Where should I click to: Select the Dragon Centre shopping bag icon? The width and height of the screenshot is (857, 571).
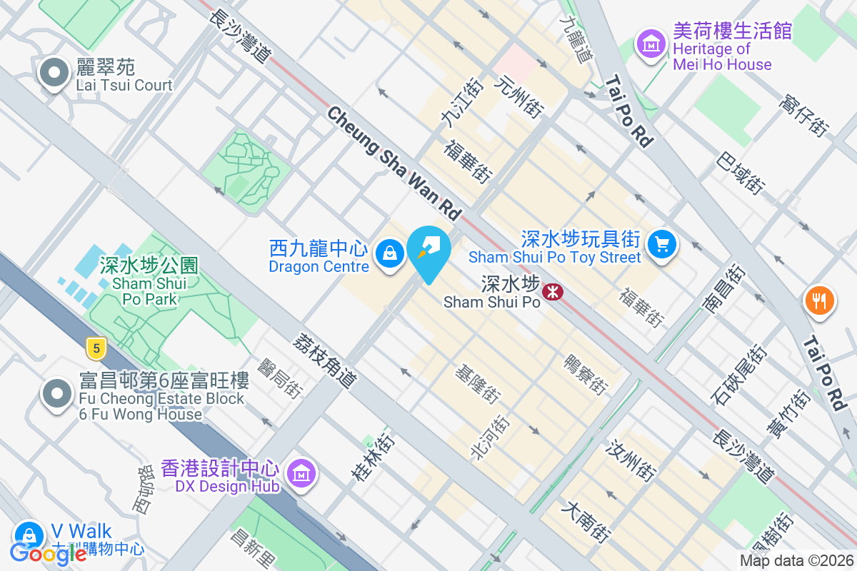[x=390, y=253]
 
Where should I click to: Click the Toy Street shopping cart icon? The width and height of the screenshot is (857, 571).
[x=662, y=245]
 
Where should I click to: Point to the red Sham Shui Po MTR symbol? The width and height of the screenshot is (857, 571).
[x=551, y=291]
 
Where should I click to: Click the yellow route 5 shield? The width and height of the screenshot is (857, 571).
[x=96, y=348]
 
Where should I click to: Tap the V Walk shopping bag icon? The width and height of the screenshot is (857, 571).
[x=29, y=534]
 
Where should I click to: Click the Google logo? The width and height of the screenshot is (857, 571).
[x=48, y=553]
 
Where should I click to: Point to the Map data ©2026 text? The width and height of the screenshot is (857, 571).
[x=796, y=561]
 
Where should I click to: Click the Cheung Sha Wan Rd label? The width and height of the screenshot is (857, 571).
[x=395, y=163]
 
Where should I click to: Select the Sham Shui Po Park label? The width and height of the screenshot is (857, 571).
[x=149, y=281]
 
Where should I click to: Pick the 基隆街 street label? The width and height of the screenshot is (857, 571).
[x=478, y=383]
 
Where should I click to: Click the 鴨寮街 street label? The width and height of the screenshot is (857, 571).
[x=586, y=375]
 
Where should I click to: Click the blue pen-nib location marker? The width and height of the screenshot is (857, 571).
[x=430, y=251]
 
